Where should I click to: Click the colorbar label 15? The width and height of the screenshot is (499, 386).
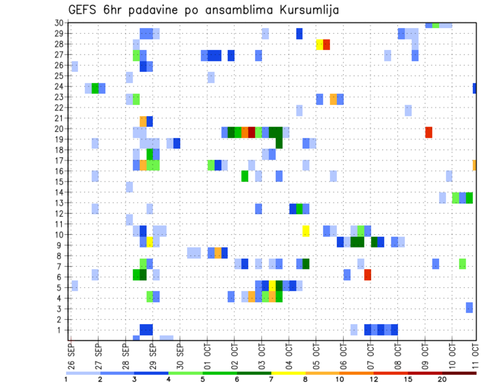coord(408,379)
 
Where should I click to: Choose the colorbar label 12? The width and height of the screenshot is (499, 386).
coord(375,379)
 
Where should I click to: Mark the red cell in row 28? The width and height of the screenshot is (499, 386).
coord(326,45)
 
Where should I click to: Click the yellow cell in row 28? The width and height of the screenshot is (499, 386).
coord(320,45)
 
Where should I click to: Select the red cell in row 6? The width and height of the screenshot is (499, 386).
coord(367,275)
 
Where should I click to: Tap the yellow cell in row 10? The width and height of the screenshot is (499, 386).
coord(306,231)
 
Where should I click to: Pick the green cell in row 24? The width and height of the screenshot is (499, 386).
coord(95,88)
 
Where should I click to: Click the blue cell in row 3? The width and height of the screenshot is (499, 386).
coord(469,307)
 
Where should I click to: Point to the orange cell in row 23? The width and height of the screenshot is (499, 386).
coord(333,99)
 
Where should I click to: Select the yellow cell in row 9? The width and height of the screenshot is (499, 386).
coord(150,242)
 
